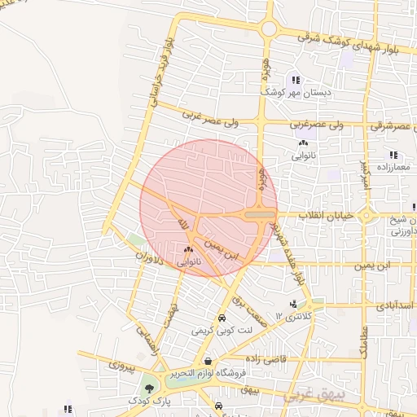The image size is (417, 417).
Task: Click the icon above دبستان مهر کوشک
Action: coord(296,80)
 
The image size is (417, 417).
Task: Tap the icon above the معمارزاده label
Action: coord(393,154)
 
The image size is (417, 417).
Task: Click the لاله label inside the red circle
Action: coord(183,222)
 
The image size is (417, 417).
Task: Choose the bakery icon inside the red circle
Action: coord(188,249)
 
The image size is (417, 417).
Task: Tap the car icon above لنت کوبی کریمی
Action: coord(221,318)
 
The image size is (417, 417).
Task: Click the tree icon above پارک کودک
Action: coord(147,388)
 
